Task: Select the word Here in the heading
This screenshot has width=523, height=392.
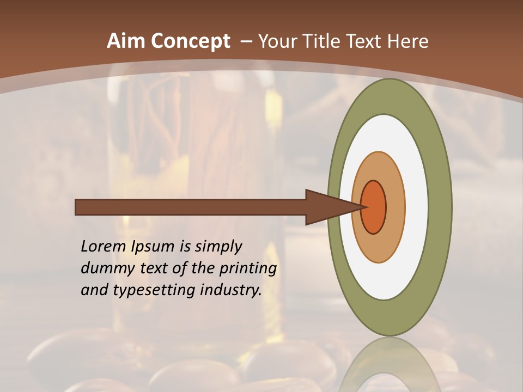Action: (x=409, y=41)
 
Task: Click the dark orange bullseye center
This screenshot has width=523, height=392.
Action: (x=374, y=207)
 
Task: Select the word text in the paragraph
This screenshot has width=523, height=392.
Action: (x=155, y=269)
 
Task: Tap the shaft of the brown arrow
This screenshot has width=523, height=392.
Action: (x=191, y=207)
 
